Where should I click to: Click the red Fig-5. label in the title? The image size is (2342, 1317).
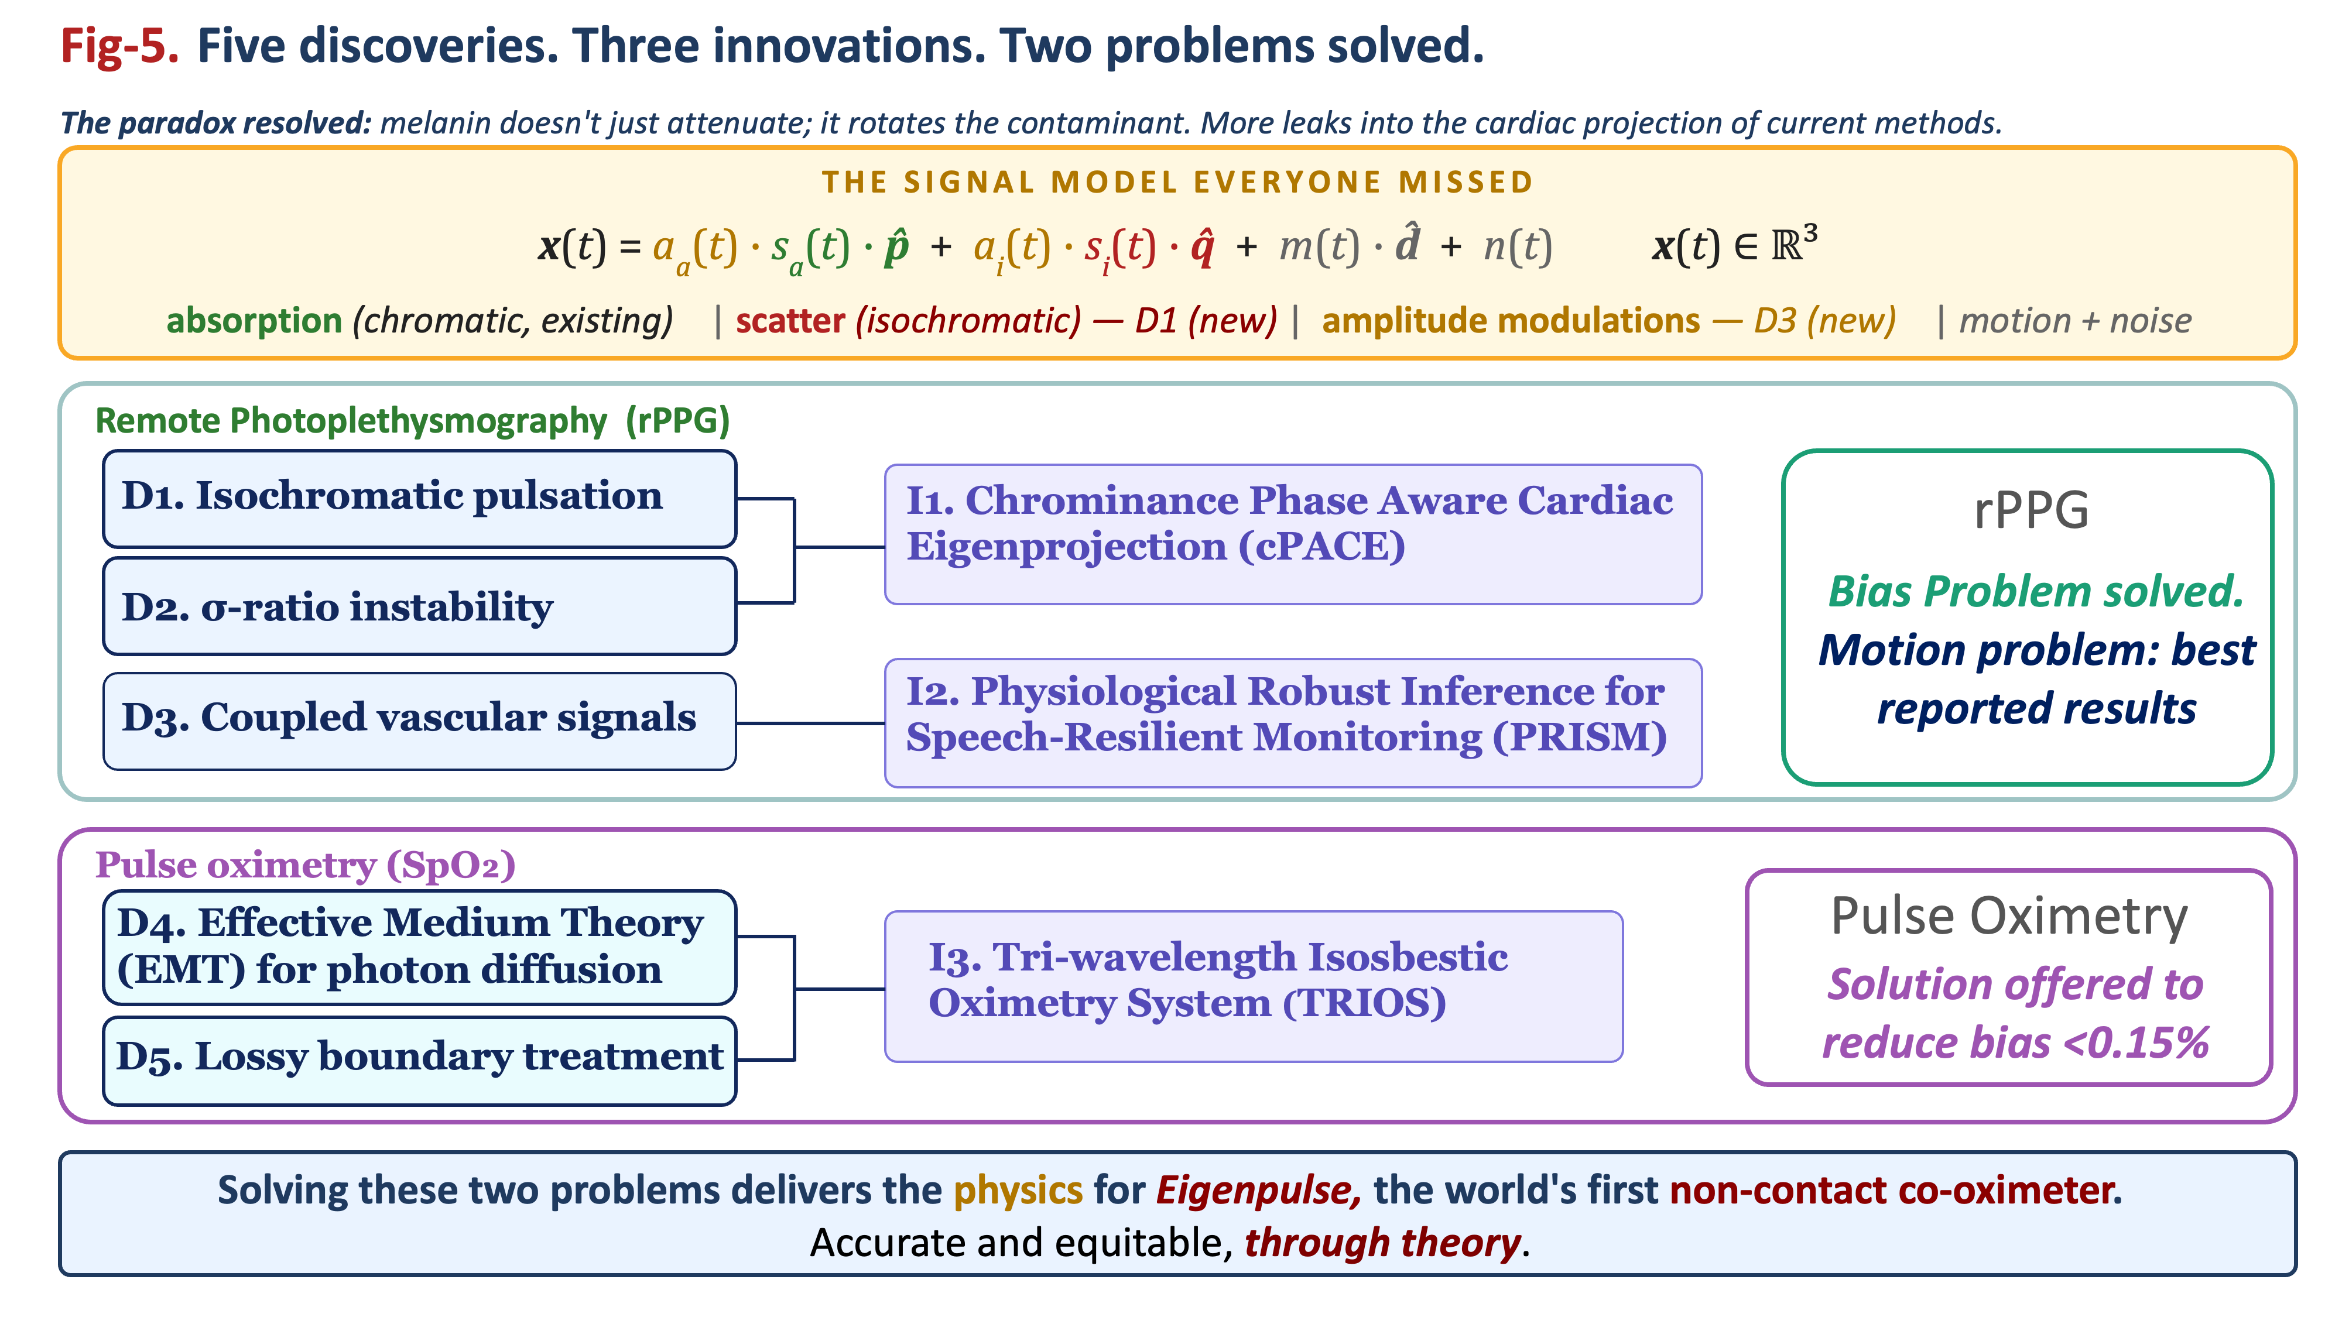[119, 46]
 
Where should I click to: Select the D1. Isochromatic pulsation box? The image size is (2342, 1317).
[419, 499]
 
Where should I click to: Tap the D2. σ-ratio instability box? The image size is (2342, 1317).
[419, 606]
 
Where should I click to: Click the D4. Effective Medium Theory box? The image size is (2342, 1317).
[419, 947]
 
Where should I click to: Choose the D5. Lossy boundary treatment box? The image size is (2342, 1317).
[419, 1061]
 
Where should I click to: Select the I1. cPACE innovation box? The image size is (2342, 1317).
[1293, 534]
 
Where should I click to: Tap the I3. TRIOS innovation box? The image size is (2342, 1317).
[1254, 987]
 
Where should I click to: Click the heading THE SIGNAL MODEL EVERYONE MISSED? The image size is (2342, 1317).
[1178, 183]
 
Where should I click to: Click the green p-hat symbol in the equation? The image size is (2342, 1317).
[896, 246]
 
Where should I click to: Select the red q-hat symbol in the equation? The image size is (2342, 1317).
[1202, 246]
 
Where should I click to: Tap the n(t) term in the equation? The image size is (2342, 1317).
[1518, 247]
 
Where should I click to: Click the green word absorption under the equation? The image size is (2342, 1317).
[254, 321]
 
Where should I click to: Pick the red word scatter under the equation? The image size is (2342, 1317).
[790, 321]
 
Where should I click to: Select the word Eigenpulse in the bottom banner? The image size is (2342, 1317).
[1258, 1191]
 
